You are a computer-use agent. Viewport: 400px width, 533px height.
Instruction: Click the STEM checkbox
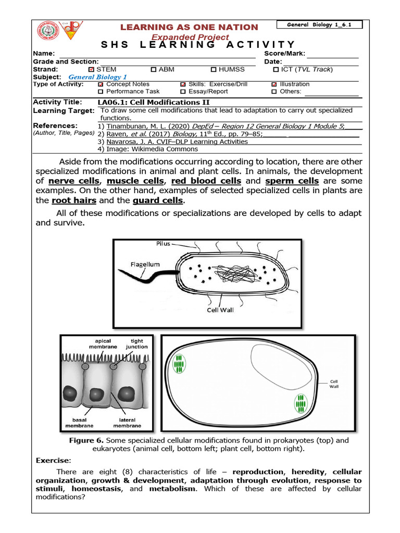click(92, 69)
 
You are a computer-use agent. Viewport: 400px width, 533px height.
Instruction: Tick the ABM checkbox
click(153, 69)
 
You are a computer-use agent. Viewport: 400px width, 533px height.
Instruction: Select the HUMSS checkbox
click(214, 69)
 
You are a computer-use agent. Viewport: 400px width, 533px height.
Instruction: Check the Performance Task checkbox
click(101, 92)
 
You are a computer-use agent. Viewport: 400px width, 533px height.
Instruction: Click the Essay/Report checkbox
click(183, 92)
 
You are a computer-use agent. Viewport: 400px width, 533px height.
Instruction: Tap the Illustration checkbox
click(274, 84)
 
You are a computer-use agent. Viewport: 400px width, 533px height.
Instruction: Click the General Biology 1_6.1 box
click(319, 24)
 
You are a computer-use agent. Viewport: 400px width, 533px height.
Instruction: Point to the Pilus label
click(163, 243)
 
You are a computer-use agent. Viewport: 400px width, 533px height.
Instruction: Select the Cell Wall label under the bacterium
click(220, 310)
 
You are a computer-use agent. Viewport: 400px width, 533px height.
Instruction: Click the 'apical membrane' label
click(103, 344)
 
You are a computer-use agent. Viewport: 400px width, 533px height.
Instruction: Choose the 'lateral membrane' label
click(127, 423)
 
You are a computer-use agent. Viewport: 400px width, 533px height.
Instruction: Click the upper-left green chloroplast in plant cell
click(179, 364)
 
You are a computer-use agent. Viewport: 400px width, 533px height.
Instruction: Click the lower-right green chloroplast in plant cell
click(301, 403)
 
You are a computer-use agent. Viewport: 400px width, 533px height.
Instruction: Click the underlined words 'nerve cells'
click(74, 181)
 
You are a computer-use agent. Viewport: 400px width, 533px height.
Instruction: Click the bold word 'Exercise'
click(53, 461)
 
